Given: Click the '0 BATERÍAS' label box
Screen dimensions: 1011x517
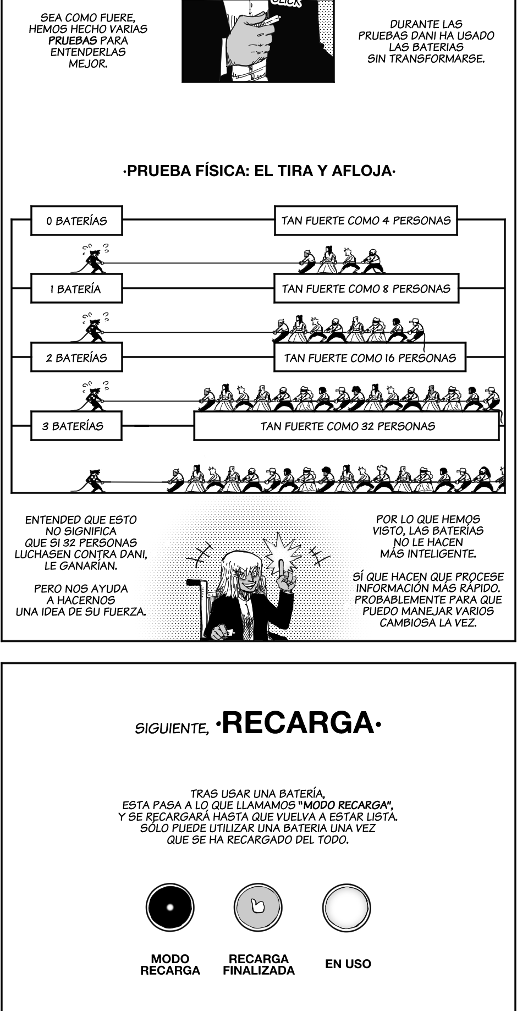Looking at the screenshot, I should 76,221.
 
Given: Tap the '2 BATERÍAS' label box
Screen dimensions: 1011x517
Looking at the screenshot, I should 76,358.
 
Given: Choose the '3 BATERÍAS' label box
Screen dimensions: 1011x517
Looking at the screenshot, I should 76,426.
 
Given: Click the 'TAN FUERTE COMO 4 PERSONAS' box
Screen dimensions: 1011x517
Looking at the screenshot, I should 366,221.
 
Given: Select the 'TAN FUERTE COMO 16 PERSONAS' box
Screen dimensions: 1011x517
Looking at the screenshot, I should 370,358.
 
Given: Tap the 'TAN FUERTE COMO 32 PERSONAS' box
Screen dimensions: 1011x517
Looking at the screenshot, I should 346,426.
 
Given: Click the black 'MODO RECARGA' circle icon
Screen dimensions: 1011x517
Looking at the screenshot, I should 170,908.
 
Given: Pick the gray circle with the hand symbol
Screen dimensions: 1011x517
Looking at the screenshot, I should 258,908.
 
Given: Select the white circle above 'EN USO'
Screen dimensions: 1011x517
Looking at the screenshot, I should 346,908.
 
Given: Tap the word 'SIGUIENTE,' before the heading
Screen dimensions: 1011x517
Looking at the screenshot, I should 172,728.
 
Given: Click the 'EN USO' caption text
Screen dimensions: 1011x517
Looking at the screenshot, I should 348,964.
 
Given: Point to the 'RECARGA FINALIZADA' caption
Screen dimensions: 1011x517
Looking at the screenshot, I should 258,965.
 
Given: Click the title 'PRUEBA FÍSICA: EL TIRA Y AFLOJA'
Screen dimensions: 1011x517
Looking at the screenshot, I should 258,171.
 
